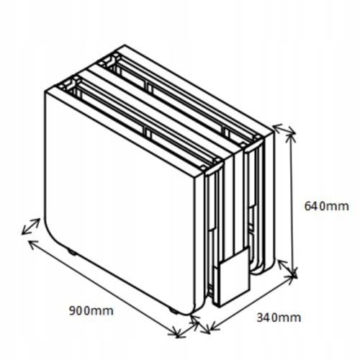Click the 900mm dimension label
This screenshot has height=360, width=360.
click(91, 311)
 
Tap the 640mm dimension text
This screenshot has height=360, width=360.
click(326, 206)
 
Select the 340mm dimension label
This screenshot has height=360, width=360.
click(279, 318)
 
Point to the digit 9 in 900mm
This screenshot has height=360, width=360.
click(73, 311)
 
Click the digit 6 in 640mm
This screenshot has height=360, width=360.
click(307, 206)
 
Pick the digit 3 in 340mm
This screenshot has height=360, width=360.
click(260, 318)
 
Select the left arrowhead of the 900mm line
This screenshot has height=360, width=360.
click(32, 243)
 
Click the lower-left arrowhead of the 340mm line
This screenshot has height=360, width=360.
click(214, 326)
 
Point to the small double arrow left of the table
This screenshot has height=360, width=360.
click(31, 226)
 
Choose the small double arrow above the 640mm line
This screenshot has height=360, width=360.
click(284, 129)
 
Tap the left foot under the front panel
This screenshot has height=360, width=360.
click(72, 253)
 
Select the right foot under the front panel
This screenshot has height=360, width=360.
click(174, 310)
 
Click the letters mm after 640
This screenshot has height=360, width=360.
click(339, 207)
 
